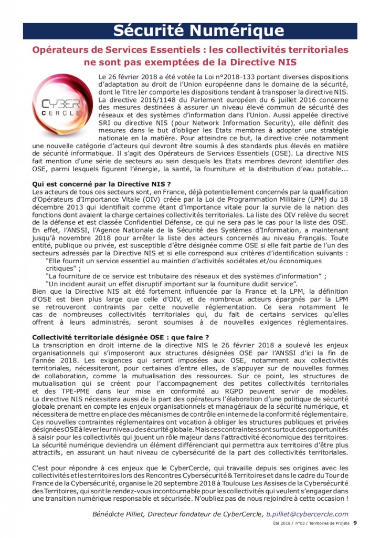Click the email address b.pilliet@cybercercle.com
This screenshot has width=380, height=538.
pyautogui.click(x=307, y=514)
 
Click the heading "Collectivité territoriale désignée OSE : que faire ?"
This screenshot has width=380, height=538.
pyautogui.click(x=121, y=337)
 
